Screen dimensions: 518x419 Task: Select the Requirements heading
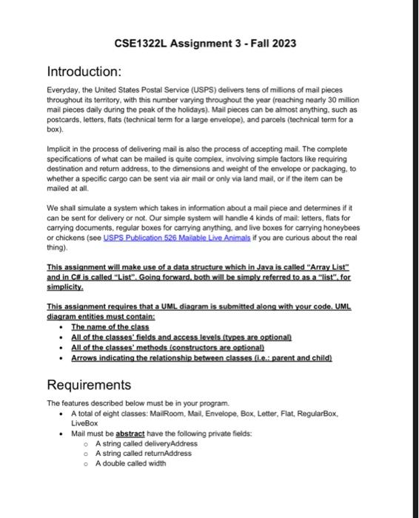(x=89, y=385)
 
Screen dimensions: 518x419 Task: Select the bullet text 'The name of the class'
(x=110, y=326)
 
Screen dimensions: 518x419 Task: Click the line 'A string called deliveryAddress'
(x=135, y=443)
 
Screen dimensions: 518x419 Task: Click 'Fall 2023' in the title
(x=272, y=43)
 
